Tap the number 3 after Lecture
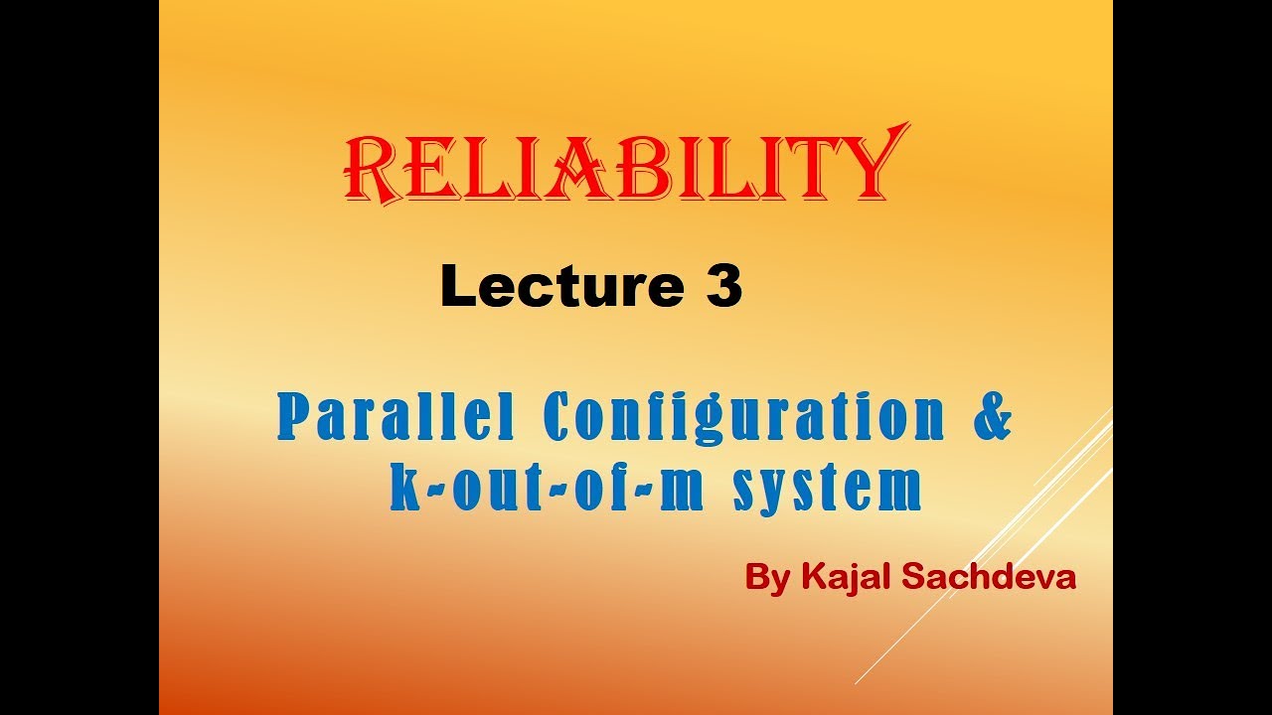pyautogui.click(x=724, y=287)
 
